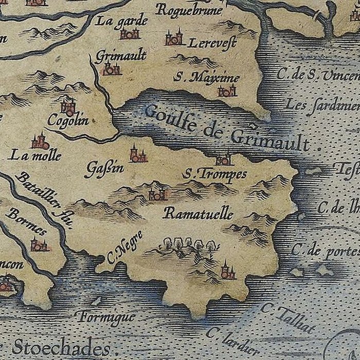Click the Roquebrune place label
point(190,10)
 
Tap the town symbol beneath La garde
point(130,34)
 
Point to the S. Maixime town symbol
point(227,92)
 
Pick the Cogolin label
point(67,121)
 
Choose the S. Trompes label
point(214,174)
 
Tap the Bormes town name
point(26,220)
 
